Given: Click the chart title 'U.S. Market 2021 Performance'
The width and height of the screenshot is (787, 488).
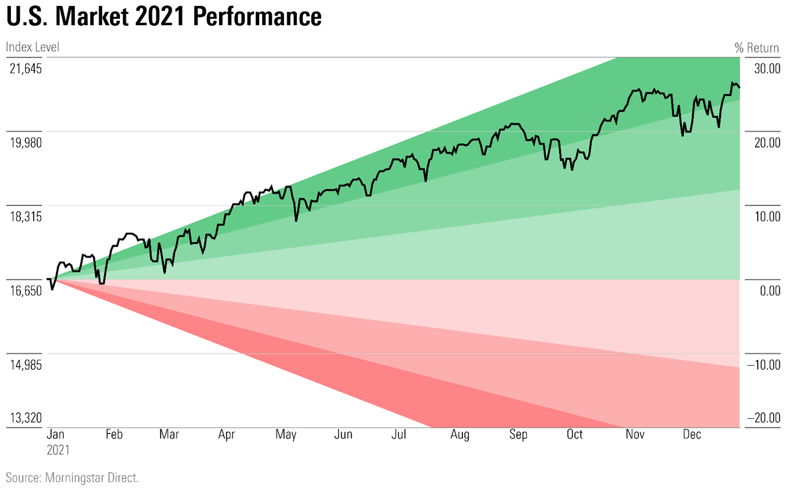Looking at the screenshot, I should tap(164, 17).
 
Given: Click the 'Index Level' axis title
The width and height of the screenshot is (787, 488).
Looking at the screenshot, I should tap(32, 47).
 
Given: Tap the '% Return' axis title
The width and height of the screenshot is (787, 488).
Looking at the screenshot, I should tap(757, 48).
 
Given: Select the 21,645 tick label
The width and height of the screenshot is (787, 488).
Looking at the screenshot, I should tap(25, 69).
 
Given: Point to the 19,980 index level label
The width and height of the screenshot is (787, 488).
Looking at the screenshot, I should tap(25, 142).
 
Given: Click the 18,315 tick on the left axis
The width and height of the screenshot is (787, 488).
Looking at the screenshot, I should tap(25, 217).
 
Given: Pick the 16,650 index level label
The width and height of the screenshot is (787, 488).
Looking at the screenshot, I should tap(25, 290).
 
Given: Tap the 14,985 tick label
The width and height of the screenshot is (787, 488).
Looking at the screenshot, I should tap(25, 365).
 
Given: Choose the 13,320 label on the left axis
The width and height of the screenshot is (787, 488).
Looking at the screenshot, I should tap(25, 418).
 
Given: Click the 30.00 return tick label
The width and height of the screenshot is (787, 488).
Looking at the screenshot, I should tap(767, 69).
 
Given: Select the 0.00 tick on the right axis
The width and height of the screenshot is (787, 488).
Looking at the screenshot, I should tap(770, 290).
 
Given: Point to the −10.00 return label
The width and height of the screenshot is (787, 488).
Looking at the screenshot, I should tap(764, 365).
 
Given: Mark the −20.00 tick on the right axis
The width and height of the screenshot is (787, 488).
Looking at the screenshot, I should tap(764, 418).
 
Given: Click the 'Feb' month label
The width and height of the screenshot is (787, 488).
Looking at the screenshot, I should tap(114, 434).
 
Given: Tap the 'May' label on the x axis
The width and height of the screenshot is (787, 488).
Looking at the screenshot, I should tap(286, 434).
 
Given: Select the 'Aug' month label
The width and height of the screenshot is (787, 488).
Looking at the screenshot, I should tap(460, 434).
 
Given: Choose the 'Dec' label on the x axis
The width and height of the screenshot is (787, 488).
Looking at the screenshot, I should tap(692, 434).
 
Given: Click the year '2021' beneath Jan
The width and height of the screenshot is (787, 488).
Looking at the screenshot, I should tap(58, 450).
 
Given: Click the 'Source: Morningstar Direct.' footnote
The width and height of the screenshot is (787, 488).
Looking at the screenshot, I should tap(72, 478).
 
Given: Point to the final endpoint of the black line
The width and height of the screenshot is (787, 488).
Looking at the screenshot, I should tap(739, 87).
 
